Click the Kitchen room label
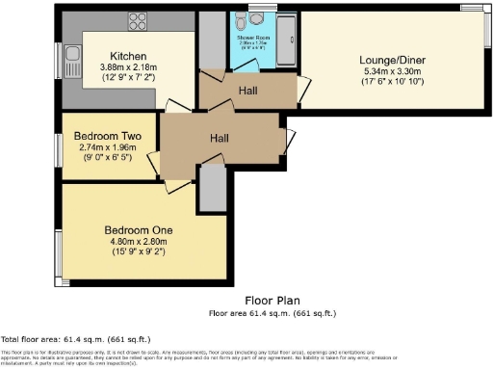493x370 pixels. (128, 55)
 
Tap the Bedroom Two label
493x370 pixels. (108, 137)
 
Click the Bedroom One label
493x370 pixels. (140, 230)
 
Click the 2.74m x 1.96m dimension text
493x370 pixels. (108, 147)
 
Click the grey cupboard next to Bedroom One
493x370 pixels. (211, 188)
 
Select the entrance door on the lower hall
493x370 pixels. (289, 141)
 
